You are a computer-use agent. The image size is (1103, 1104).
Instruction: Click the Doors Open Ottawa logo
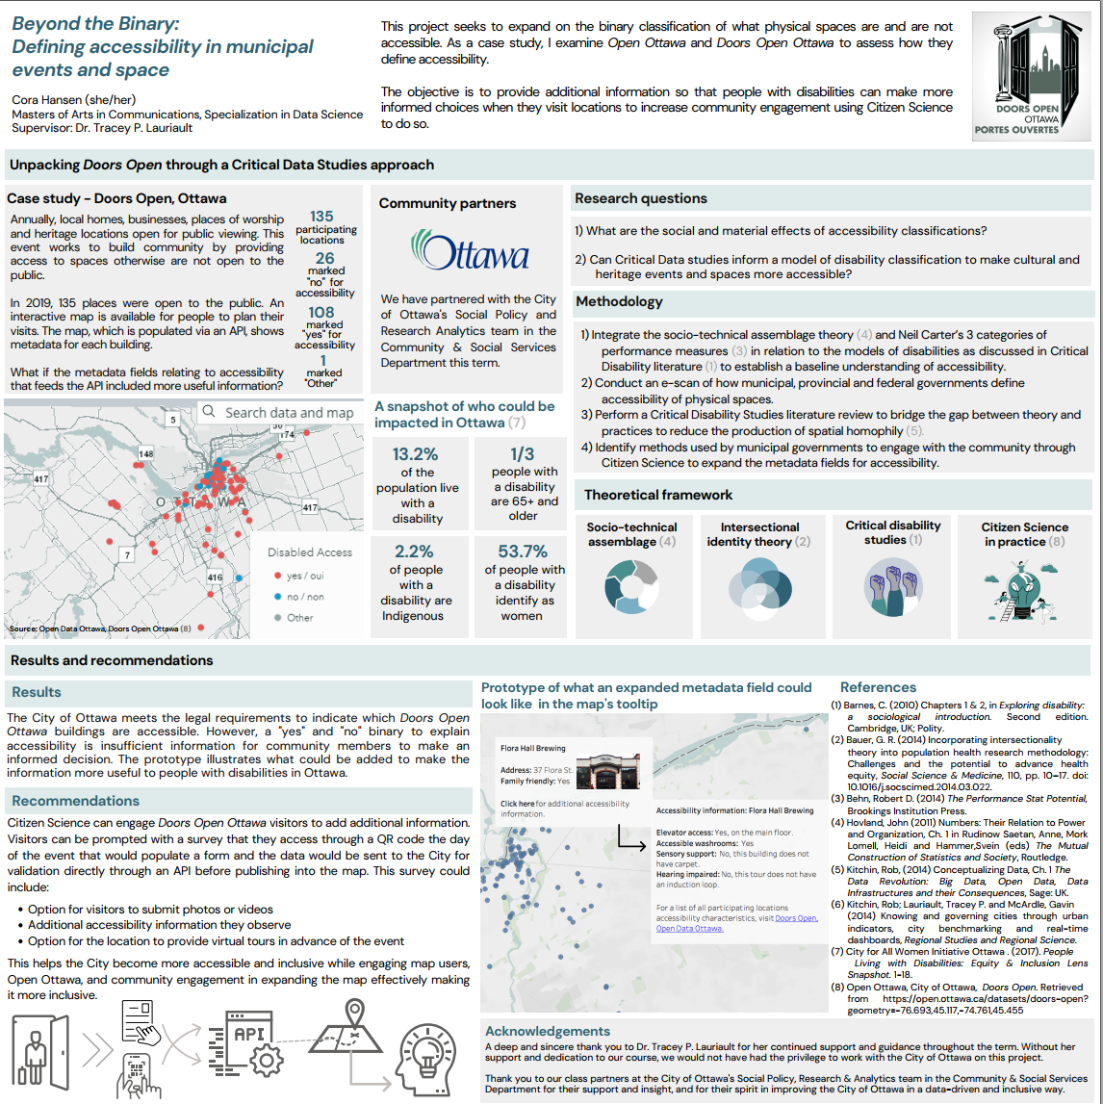(1032, 73)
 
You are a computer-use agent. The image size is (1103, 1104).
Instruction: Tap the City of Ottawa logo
(469, 249)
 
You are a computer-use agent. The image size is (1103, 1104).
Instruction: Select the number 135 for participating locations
(321, 218)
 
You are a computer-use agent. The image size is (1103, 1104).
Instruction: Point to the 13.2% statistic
(416, 454)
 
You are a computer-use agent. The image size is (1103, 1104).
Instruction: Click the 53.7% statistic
(523, 552)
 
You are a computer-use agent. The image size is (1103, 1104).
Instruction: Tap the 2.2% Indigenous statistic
(413, 552)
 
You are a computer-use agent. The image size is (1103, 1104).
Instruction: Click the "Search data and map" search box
(278, 413)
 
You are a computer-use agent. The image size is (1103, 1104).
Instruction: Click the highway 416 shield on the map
(215, 577)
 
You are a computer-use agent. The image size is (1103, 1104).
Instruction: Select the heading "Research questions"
(641, 198)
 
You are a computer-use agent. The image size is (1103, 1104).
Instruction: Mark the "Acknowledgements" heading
(548, 1031)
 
